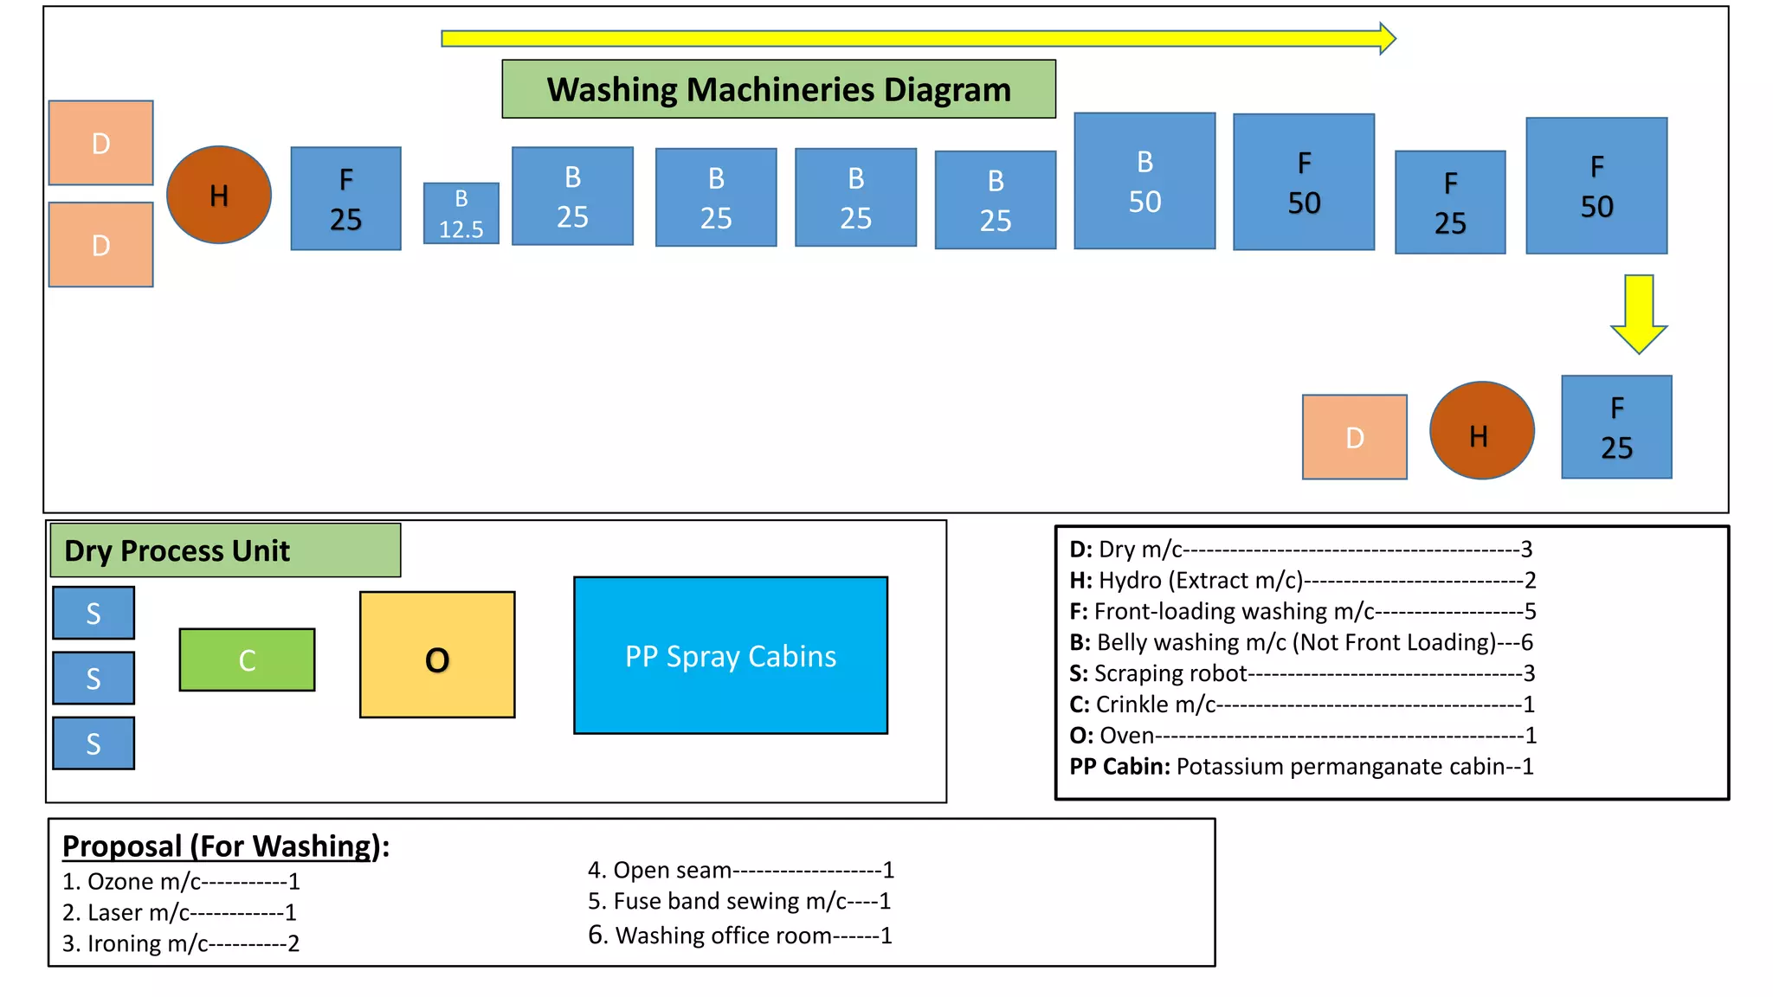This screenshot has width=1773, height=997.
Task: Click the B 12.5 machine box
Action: [x=461, y=213]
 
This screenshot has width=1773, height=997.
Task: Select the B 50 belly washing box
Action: [x=1144, y=181]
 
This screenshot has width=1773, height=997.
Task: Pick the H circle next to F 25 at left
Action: [x=219, y=195]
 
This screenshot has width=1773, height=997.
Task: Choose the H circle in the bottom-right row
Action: [x=1481, y=431]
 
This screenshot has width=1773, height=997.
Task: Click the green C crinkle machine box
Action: [x=247, y=659]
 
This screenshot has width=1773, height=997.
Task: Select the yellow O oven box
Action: [x=437, y=655]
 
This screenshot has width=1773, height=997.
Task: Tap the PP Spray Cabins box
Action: [x=730, y=656]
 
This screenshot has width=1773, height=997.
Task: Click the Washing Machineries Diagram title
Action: [x=778, y=89]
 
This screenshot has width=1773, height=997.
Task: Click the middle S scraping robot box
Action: [x=93, y=678]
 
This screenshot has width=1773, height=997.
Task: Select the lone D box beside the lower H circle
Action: [x=1354, y=437]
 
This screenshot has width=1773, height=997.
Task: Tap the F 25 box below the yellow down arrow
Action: [x=1615, y=427]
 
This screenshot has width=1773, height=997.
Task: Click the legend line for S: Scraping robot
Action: [x=1301, y=673]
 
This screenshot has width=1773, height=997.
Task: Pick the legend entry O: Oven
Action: [x=1301, y=736]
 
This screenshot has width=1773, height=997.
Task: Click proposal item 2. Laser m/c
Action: [x=179, y=912]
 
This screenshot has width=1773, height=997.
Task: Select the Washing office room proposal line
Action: [x=739, y=936]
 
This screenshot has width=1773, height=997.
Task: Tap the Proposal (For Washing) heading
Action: [x=226, y=846]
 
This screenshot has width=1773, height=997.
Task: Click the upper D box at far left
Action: [x=100, y=143]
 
